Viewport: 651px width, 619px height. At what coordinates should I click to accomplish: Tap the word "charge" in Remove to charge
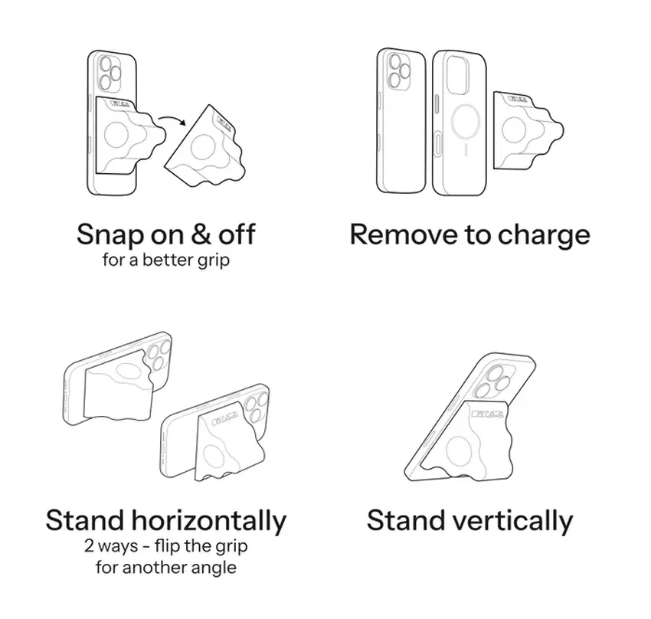(x=543, y=234)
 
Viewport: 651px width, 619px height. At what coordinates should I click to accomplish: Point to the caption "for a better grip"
(x=165, y=260)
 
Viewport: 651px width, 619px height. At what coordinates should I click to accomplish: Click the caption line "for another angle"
(x=165, y=568)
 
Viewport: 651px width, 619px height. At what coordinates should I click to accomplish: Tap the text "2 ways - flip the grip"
(x=165, y=548)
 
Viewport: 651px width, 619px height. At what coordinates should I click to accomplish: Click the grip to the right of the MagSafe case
(x=527, y=126)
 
